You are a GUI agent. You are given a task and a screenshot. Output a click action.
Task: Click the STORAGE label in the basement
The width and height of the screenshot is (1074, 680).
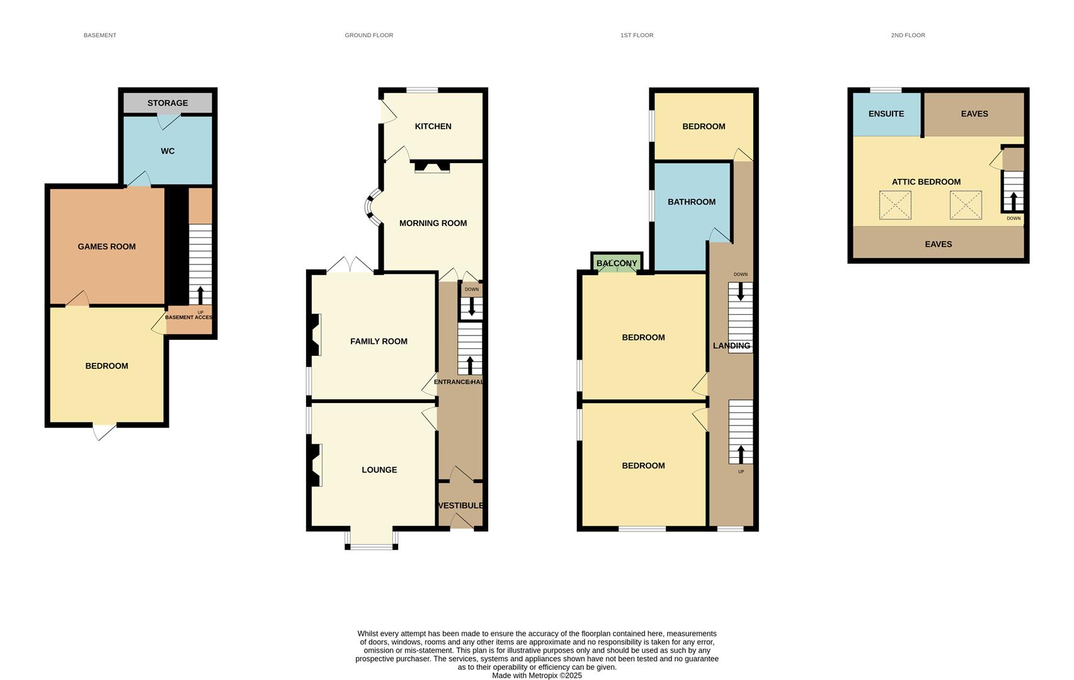[x=168, y=103]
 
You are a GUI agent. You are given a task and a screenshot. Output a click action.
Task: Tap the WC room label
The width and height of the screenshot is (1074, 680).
[x=168, y=151]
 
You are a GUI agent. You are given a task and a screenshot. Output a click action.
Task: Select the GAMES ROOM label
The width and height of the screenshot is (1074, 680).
[x=106, y=247]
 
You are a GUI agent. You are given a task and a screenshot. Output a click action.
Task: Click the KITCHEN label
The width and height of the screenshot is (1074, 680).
[x=433, y=127]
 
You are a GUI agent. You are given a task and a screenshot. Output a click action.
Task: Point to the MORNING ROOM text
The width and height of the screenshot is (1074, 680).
[x=433, y=224]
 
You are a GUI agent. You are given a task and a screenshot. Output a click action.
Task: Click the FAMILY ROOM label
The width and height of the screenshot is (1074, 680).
[x=379, y=341]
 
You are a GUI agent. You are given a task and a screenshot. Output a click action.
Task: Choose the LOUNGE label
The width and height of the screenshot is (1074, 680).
[x=379, y=470]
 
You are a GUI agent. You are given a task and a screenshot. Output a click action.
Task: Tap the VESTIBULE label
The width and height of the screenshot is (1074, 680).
[x=460, y=506]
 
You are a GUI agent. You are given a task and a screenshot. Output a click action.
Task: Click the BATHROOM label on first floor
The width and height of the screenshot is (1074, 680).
[x=691, y=202]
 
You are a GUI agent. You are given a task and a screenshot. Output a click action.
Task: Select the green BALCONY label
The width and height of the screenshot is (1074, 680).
[x=617, y=263]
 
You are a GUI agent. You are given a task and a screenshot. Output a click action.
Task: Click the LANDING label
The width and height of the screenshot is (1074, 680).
[x=731, y=346]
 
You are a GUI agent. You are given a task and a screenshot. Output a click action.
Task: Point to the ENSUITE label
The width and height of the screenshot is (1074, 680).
[x=886, y=114]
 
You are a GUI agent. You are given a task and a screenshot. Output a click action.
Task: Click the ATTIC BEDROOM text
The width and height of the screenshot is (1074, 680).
[x=926, y=182]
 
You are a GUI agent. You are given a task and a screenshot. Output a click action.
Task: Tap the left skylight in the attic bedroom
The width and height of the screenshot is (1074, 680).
[x=895, y=205]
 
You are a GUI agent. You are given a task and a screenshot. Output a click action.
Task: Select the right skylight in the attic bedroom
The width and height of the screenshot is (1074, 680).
[x=966, y=205]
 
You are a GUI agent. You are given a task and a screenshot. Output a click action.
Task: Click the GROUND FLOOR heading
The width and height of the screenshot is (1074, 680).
[x=368, y=35]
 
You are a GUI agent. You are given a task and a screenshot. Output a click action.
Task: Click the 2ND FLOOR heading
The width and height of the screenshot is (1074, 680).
[x=908, y=35]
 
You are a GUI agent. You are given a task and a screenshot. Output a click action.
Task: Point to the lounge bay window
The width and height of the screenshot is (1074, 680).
[x=371, y=545]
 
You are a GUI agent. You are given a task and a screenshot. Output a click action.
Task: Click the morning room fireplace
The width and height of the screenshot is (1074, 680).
[x=432, y=167]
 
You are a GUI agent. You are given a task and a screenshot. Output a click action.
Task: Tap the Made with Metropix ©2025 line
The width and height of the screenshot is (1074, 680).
[x=537, y=676]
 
